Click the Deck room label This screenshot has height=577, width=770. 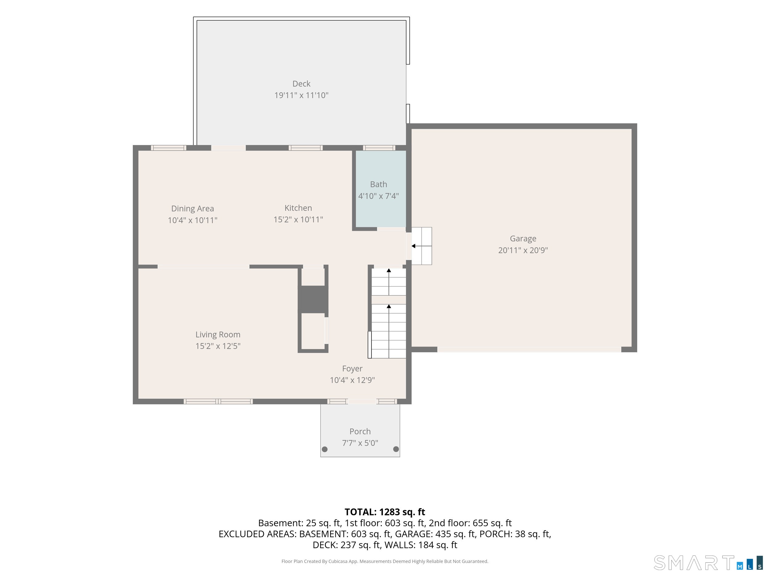tap(301, 84)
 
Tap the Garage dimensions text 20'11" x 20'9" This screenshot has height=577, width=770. tap(523, 250)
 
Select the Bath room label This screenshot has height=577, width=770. tap(379, 184)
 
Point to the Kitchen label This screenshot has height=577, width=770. tap(298, 208)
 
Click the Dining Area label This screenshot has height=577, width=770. tap(192, 209)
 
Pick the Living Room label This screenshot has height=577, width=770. tap(218, 335)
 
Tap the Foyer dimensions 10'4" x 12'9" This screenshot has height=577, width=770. tap(352, 380)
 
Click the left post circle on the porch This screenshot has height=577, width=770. tap(325, 449)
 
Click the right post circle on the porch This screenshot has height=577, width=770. tap(396, 449)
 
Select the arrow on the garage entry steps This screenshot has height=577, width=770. tap(422, 246)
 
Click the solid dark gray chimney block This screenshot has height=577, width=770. tap(313, 299)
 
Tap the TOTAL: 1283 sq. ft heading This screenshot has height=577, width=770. tap(385, 512)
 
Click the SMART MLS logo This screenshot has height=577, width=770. tap(708, 563)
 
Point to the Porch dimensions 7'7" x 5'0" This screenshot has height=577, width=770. tap(360, 443)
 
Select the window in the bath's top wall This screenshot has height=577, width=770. tap(379, 148)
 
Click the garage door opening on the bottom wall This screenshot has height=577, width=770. tap(529, 350)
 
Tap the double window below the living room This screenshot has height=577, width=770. tap(218, 401)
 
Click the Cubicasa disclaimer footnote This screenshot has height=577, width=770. tap(385, 561)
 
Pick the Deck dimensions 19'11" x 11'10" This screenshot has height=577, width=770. tap(301, 95)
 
